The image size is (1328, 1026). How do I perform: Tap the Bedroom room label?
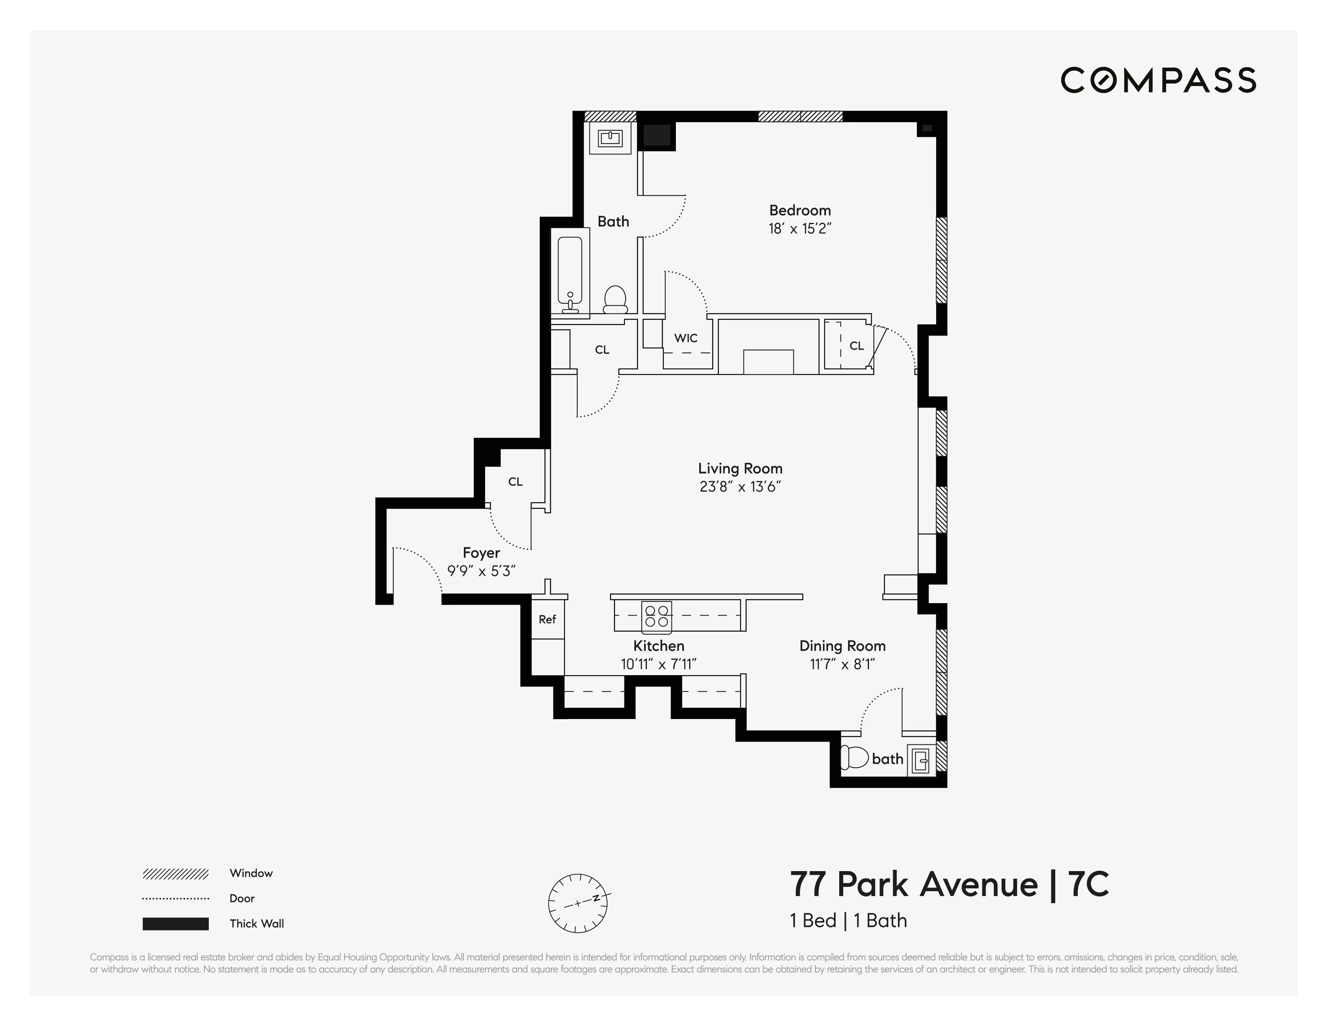[800, 210]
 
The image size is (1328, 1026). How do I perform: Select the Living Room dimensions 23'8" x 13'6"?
[740, 486]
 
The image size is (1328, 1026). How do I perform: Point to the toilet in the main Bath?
[615, 299]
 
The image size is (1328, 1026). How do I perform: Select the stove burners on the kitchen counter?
[657, 616]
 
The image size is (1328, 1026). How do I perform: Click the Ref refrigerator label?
[547, 619]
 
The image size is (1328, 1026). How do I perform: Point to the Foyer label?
[481, 553]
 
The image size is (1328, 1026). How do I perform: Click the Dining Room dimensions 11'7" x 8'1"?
[842, 664]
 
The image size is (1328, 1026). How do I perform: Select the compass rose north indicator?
[597, 898]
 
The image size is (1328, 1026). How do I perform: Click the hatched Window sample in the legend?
[176, 874]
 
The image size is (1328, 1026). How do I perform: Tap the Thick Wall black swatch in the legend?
[176, 924]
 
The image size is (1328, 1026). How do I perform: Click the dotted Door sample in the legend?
[176, 898]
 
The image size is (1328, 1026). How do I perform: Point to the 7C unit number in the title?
[1088, 884]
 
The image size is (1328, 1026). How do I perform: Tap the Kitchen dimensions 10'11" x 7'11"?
[659, 664]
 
